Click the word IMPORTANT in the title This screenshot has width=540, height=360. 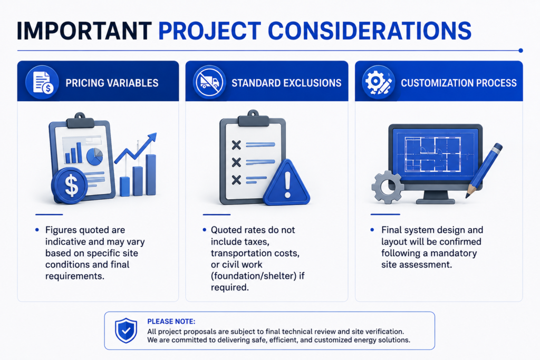coord(84,31)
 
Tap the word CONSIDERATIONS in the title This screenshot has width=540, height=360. coord(370,31)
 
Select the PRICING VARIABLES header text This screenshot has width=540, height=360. coord(112,83)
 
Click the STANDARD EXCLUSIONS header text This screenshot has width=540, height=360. coord(286,83)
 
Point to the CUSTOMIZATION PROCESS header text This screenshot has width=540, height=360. coord(459,83)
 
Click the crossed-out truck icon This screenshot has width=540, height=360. coord(209,82)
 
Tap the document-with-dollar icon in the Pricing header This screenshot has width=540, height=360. coord(42,82)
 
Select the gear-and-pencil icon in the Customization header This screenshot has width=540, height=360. coord(378,82)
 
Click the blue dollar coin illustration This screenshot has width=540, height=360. coord(70,186)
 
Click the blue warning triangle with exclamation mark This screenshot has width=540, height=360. coord(287,183)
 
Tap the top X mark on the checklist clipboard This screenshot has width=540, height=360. coord(236,145)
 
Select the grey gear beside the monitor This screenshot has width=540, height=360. coord(388,187)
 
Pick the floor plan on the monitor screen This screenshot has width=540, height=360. coord(432,154)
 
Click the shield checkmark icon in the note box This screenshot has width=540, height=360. coord(126,330)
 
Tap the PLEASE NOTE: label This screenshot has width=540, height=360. coord(171,322)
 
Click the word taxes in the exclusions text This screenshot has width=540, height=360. coord(256,241)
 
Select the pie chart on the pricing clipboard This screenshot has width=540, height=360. coord(94,156)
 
